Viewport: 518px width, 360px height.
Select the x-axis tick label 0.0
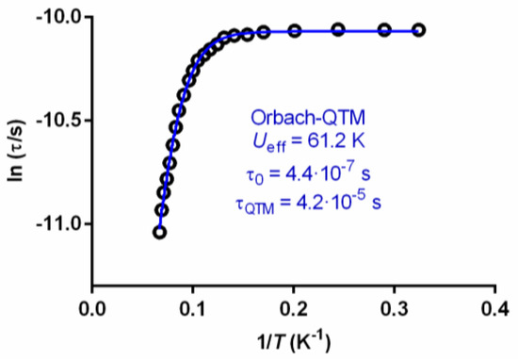pyautogui.click(x=92, y=307)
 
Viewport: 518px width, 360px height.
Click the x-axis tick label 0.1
pyautogui.click(x=193, y=307)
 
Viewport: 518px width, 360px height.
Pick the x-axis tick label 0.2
pyautogui.click(x=294, y=307)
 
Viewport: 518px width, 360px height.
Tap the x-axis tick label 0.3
pyautogui.click(x=395, y=307)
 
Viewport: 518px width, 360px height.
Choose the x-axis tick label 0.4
pyautogui.click(x=495, y=307)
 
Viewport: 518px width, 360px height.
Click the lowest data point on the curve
pyautogui.click(x=160, y=232)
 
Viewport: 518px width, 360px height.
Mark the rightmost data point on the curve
pyautogui.click(x=419, y=30)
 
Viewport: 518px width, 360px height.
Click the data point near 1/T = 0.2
pyautogui.click(x=295, y=31)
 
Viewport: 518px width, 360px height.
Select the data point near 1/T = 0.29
pyautogui.click(x=384, y=30)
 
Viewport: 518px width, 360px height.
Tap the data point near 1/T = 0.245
pyautogui.click(x=339, y=30)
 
